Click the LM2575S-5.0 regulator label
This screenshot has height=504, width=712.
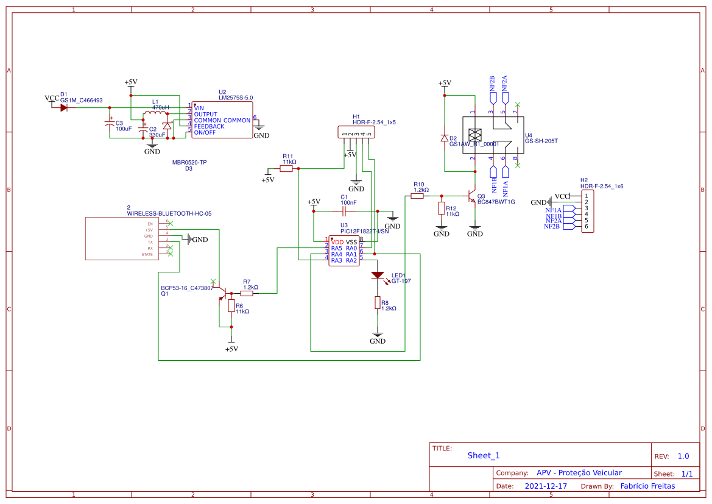click(x=236, y=98)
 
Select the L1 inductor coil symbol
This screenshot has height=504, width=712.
click(x=155, y=114)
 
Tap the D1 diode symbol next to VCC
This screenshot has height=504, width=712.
click(x=63, y=108)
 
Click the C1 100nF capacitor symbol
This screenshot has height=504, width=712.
click(x=344, y=211)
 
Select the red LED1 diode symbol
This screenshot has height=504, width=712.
click(x=378, y=275)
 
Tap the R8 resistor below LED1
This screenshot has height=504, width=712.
click(x=378, y=303)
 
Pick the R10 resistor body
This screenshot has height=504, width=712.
click(x=418, y=196)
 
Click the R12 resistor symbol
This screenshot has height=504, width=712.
click(x=441, y=208)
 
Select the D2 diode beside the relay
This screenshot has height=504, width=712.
click(x=445, y=138)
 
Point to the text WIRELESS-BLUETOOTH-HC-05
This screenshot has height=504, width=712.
click(x=169, y=214)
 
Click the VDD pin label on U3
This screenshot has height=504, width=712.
click(x=337, y=242)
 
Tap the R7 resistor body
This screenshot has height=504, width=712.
click(x=247, y=293)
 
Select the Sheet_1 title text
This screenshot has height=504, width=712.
click(x=484, y=455)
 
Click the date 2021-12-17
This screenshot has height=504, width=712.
click(x=546, y=486)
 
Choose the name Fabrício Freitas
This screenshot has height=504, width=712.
click(x=647, y=486)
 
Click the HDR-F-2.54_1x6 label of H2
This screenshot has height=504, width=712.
click(x=602, y=186)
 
